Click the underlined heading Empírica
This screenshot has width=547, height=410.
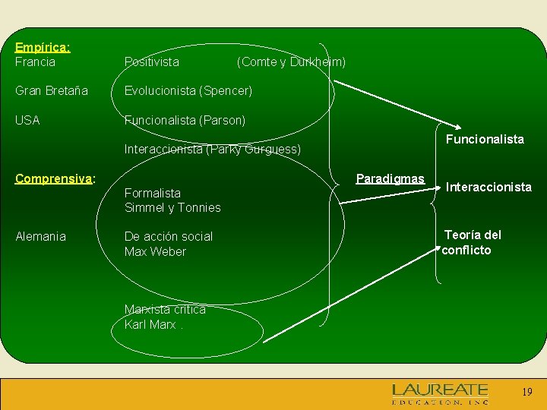click(x=43, y=47)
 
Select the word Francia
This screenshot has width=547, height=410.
click(x=35, y=61)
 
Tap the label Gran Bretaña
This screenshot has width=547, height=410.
click(x=52, y=91)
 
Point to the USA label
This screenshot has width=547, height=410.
click(x=27, y=120)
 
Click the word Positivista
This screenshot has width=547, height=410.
click(x=152, y=61)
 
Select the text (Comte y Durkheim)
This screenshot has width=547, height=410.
click(x=291, y=61)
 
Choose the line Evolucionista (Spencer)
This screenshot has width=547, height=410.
click(x=188, y=91)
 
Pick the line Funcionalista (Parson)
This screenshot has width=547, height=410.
click(x=185, y=120)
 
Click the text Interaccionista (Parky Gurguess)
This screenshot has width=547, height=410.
click(x=213, y=150)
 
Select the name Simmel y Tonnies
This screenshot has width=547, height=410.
click(x=172, y=207)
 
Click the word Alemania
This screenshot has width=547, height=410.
click(x=40, y=236)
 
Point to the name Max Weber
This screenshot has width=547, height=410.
click(x=155, y=251)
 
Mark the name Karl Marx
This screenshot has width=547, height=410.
click(x=150, y=324)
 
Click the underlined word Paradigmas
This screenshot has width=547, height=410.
click(x=390, y=178)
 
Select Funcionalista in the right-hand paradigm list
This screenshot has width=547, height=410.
click(x=485, y=139)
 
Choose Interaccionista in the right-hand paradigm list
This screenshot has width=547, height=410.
click(x=489, y=186)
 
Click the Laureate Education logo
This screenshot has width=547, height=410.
click(x=440, y=394)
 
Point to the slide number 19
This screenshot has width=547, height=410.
click(x=527, y=393)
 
